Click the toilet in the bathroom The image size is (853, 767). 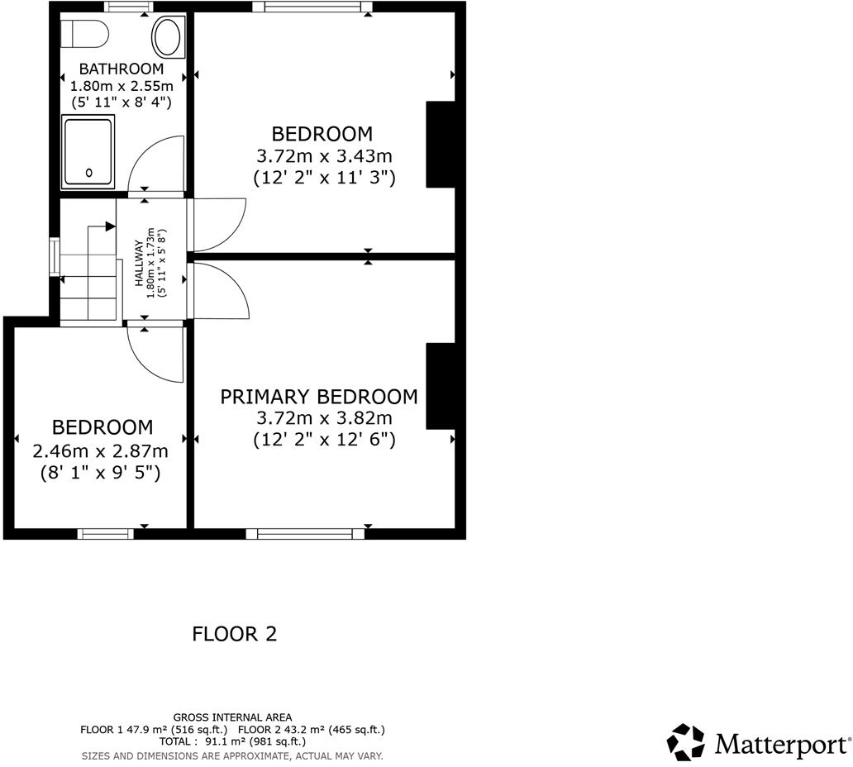click(86, 34)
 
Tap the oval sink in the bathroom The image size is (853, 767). click(168, 38)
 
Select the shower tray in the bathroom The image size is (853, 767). click(88, 150)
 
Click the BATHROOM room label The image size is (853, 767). click(122, 69)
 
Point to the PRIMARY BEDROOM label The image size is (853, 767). click(318, 397)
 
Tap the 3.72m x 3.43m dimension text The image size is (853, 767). click(322, 155)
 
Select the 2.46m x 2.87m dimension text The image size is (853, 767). click(100, 451)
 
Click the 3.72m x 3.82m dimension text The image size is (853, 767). click(324, 418)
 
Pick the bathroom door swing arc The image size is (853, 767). click(156, 162)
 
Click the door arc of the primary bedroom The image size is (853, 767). click(222, 289)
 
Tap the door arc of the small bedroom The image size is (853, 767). click(155, 355)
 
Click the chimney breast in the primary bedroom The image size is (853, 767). click(440, 386)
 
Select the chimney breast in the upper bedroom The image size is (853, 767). click(440, 145)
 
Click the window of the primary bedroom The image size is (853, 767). click(311, 534)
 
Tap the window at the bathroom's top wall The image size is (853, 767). click(128, 7)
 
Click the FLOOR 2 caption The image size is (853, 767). click(234, 634)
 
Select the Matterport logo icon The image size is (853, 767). click(686, 741)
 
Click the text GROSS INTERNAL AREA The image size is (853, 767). click(232, 717)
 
